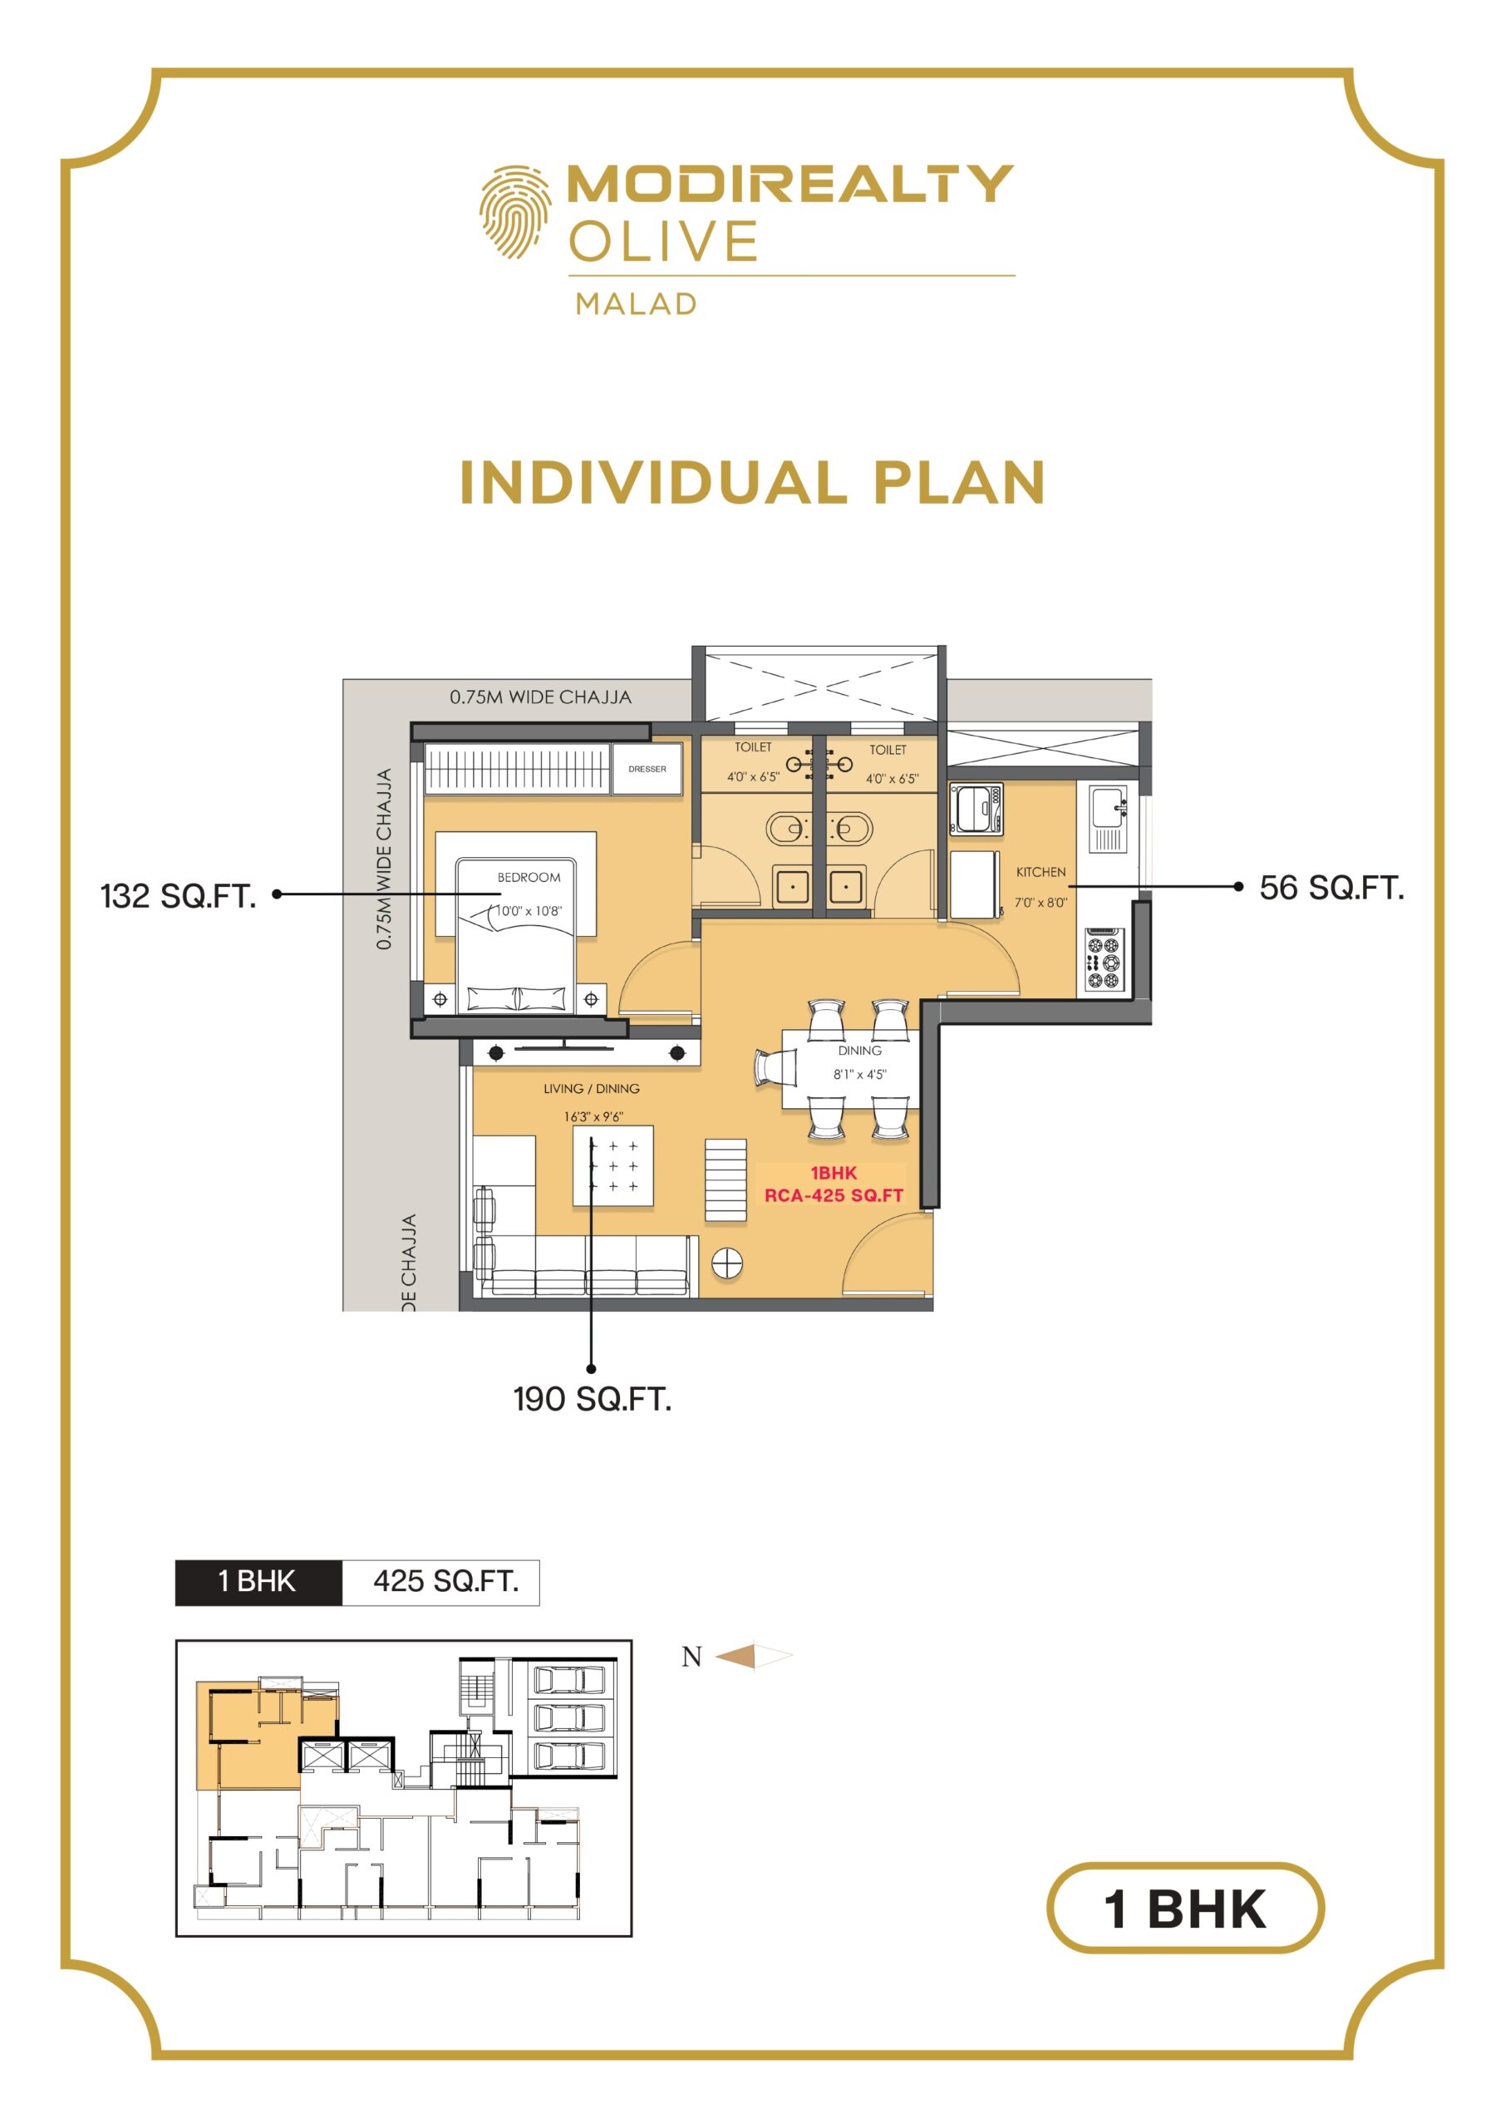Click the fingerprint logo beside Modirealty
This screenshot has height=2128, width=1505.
[x=514, y=212]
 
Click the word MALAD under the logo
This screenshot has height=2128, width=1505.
[x=636, y=304]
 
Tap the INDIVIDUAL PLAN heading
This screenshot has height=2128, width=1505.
[x=753, y=483]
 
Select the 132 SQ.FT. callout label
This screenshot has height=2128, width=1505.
[x=178, y=896]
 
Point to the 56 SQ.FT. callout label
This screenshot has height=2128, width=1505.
[x=1331, y=888]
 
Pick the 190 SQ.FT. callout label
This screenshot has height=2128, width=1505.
[x=593, y=1399]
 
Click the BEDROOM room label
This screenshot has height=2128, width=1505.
[x=529, y=877]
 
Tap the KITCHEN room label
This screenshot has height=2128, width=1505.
[x=1040, y=872]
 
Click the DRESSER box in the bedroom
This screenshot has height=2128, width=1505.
[x=647, y=768]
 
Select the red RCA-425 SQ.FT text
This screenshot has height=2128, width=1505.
[x=834, y=1195]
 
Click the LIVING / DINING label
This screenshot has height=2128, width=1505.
[x=591, y=1088]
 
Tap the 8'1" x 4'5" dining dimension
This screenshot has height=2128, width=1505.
[x=859, y=1074]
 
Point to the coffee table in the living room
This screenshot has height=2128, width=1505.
[x=612, y=1166]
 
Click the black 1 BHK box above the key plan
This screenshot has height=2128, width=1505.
[x=258, y=1581]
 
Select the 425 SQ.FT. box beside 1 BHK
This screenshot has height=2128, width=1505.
[x=441, y=1581]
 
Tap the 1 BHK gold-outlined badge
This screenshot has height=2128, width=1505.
[x=1185, y=1909]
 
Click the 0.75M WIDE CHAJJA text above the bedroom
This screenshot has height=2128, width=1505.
[x=540, y=697]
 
